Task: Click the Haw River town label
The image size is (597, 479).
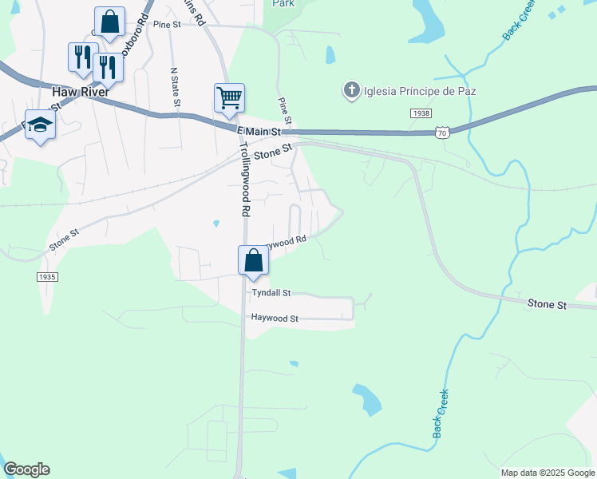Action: [x=80, y=92]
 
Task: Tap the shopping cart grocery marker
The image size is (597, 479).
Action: [x=229, y=98]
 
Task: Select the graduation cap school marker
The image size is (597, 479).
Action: [x=39, y=125]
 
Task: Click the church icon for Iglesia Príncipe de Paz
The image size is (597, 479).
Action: [x=351, y=90]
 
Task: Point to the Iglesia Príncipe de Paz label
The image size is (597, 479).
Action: [x=420, y=91]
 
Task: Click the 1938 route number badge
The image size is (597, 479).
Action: [x=421, y=114]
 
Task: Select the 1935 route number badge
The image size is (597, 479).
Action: [x=47, y=276]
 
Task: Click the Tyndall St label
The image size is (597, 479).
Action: [x=271, y=293]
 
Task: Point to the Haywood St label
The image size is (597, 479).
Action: [x=274, y=318]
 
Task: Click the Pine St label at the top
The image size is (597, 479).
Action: [x=167, y=25]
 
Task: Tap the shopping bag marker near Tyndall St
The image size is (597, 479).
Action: [x=253, y=260]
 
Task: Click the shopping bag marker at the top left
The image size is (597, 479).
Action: [x=109, y=22]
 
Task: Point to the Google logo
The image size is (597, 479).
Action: [x=26, y=469]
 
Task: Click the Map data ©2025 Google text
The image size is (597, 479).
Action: [x=548, y=473]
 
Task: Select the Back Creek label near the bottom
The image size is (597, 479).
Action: [x=441, y=414]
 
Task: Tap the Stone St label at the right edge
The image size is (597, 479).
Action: [x=547, y=305]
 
